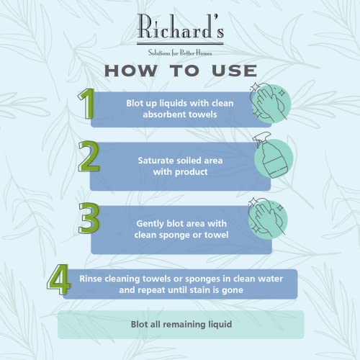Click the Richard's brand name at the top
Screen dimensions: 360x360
tap(179, 31)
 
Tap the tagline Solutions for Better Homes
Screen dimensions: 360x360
tap(179, 52)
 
